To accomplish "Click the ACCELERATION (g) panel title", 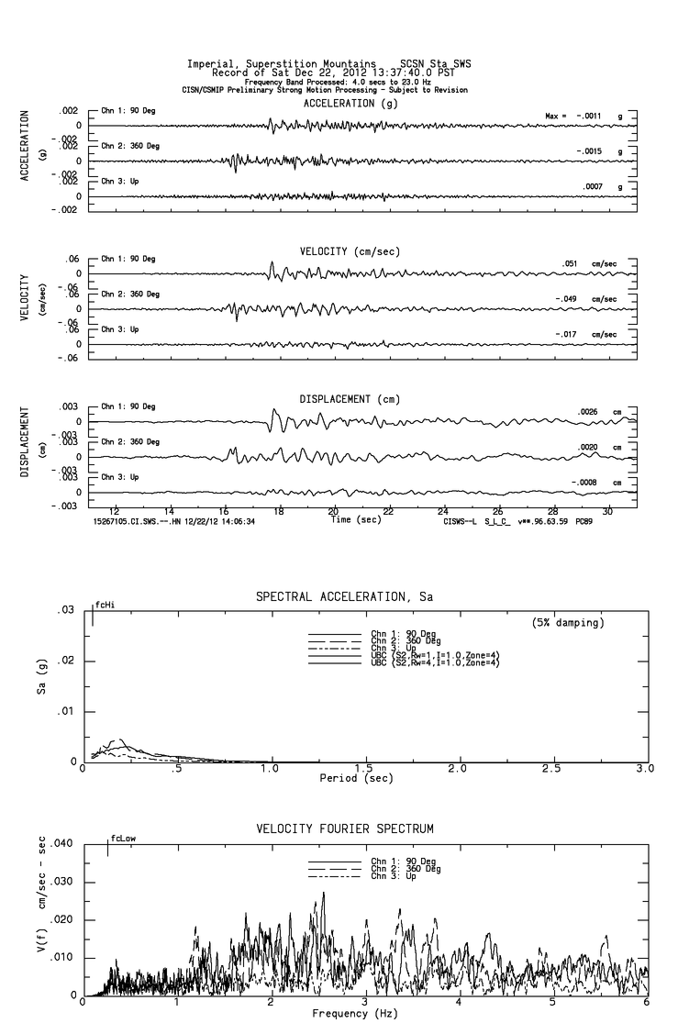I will pyautogui.click(x=351, y=104).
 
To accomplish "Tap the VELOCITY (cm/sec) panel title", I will pyautogui.click(x=350, y=251).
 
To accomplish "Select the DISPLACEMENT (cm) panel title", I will pyautogui.click(x=350, y=400).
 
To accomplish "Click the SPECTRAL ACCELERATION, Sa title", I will pyautogui.click(x=344, y=597).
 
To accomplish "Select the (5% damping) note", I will pyautogui.click(x=568, y=623).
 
